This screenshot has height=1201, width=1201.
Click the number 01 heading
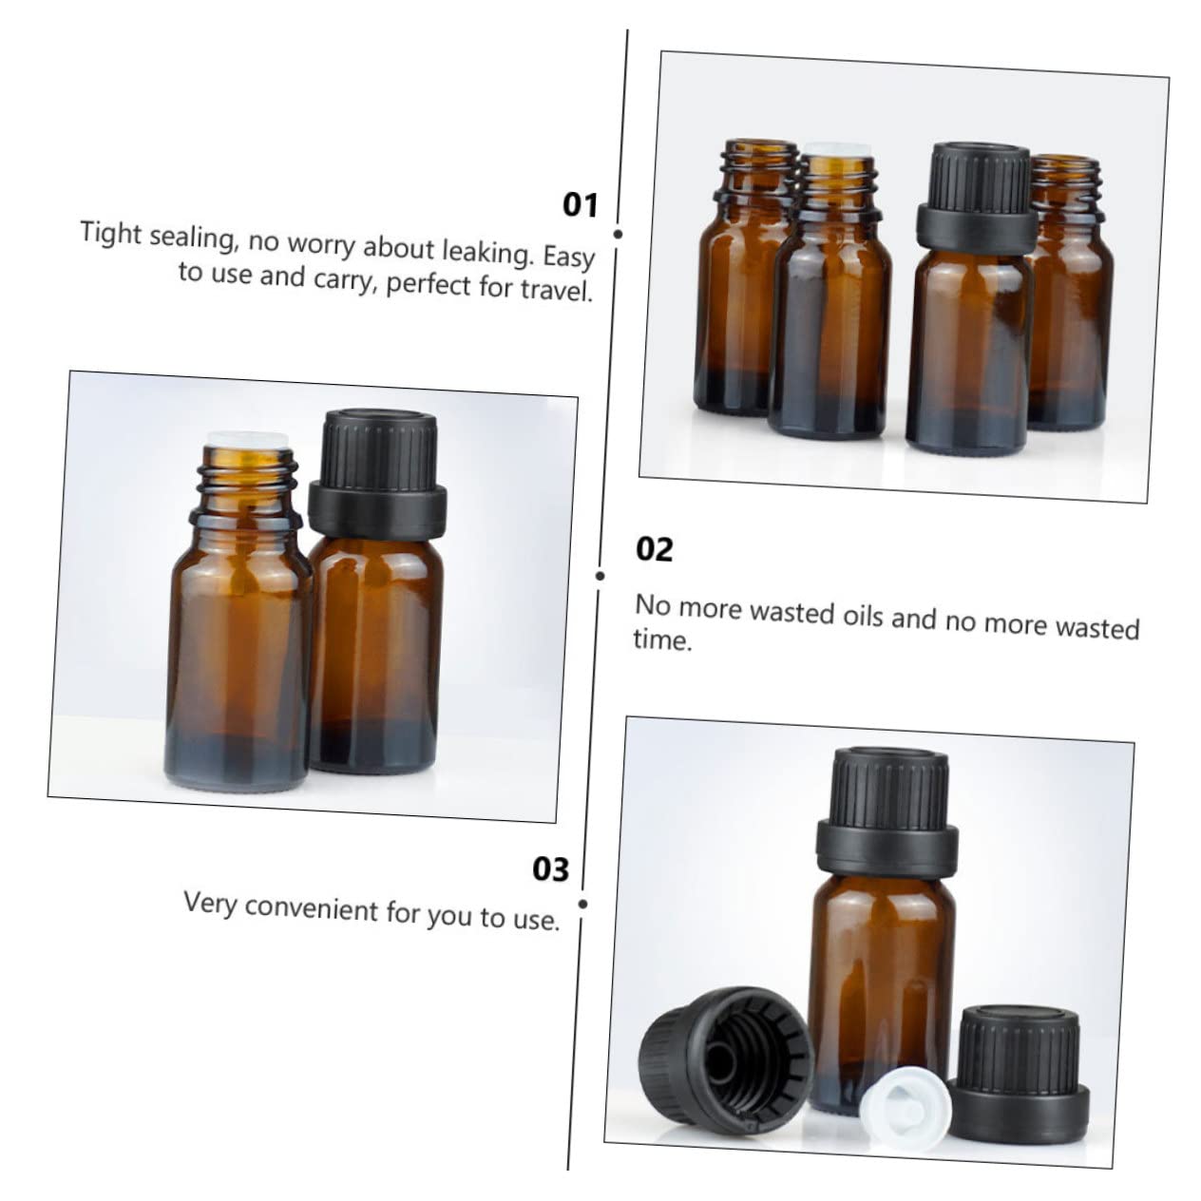click(580, 205)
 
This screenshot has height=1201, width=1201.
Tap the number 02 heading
click(654, 550)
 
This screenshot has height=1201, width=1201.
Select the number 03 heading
click(550, 869)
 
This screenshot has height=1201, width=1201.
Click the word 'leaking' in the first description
click(488, 252)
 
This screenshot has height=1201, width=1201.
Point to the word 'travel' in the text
click(555, 289)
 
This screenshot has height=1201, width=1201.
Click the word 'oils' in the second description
click(863, 617)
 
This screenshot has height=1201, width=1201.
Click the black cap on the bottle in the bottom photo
click(886, 810)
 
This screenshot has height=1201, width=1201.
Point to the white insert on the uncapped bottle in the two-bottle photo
click(245, 440)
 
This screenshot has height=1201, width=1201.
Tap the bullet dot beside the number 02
click(600, 576)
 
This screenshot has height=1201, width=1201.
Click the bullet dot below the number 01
click(618, 234)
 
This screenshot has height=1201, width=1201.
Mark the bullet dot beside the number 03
click(582, 903)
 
